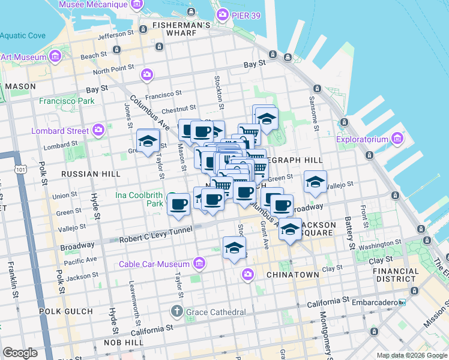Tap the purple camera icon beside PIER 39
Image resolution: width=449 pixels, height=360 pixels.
coord(223,14)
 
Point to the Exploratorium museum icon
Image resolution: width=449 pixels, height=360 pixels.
coord(397,140)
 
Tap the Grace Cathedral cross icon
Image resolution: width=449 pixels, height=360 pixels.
coord(176,311)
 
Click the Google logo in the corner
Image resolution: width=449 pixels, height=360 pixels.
coord(20,352)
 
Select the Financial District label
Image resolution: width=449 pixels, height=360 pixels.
coord(395,275)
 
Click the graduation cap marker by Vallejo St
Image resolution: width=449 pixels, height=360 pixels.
coord(315,183)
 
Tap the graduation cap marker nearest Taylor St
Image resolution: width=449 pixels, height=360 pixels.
coord(148,142)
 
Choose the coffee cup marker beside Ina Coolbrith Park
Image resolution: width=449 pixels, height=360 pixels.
coord(177,204)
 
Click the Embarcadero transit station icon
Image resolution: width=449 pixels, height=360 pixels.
coord(403,302)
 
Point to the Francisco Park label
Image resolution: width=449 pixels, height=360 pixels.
coord(67,101)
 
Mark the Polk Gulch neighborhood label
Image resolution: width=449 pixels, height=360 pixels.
coord(66,311)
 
